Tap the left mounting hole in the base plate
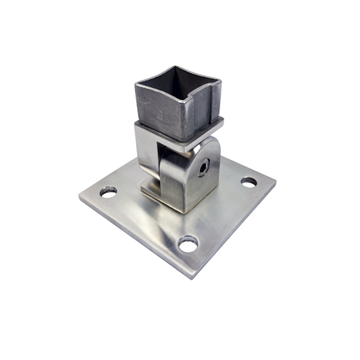tap(108, 192)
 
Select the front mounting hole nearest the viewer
tap(188, 244)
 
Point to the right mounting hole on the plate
tap(249, 182)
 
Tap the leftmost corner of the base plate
tap(80, 199)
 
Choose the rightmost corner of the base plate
tap(275, 181)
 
